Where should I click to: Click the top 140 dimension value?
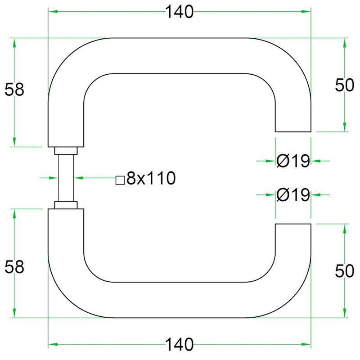tap(179, 13)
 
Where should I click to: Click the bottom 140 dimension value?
tap(179, 345)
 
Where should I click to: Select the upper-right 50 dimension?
tap(345, 85)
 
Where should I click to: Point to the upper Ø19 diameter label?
tap(293, 160)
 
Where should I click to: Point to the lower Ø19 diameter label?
tap(293, 195)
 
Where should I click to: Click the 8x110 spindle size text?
tap(150, 179)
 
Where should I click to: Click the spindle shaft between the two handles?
tap(66, 178)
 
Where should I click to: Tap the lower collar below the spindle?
tap(66, 205)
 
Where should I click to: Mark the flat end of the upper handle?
tap(293, 131)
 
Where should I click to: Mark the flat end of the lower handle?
tap(293, 224)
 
